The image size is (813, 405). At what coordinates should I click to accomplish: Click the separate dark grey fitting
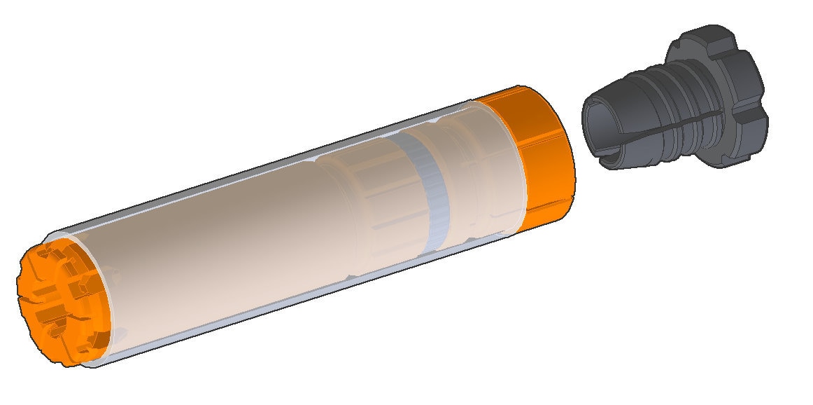click(672, 112)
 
